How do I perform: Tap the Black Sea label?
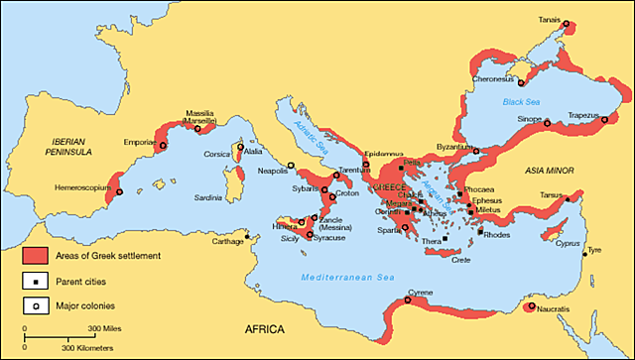[x=521, y=101]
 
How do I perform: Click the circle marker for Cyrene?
[x=409, y=300]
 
